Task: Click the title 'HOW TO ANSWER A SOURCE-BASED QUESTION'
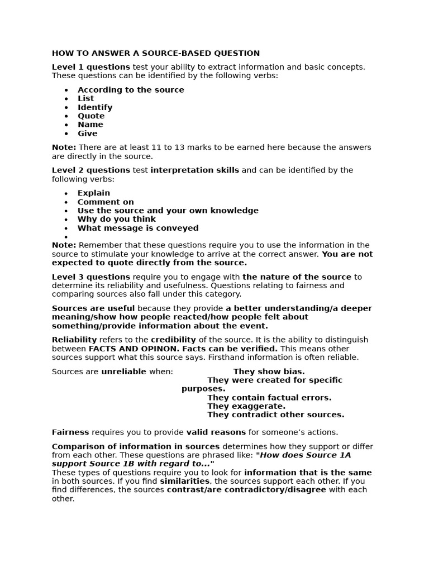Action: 156,54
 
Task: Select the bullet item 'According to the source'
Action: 131,90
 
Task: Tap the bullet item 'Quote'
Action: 91,116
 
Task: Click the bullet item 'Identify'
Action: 95,107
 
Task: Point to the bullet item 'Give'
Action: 87,134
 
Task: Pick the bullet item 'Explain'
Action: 94,193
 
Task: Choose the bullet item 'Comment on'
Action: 106,202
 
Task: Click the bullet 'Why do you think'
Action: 117,220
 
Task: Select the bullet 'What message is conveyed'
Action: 138,228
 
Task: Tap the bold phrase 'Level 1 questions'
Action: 91,67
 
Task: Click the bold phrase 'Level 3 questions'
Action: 91,277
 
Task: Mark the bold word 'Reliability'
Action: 74,340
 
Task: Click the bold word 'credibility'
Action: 173,340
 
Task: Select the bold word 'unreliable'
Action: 123,371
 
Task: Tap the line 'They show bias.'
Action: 269,371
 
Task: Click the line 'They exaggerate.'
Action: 246,406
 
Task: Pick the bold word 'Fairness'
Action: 70,432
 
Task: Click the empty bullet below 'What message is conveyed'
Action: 66,237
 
